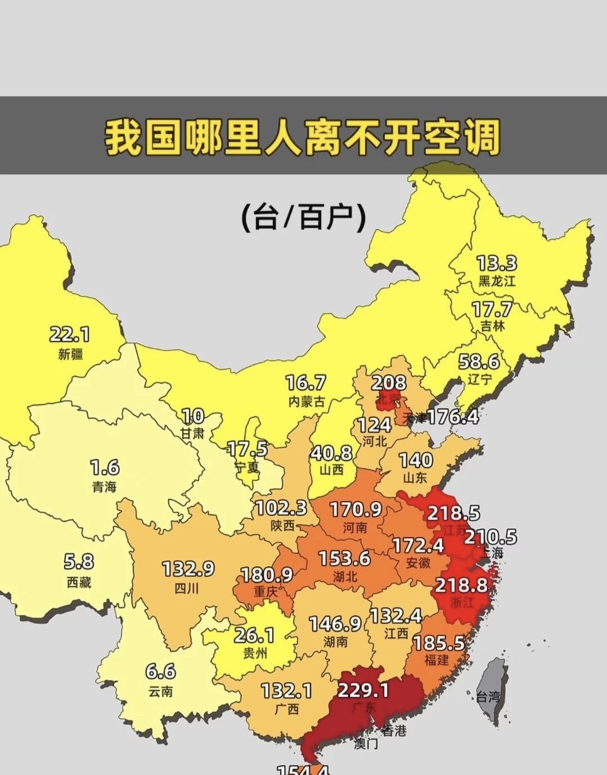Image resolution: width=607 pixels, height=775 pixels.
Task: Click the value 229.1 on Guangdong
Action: click(x=363, y=690)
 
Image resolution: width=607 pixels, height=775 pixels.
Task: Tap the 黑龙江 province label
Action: click(x=496, y=281)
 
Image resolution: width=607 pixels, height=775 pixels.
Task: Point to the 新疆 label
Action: click(x=70, y=354)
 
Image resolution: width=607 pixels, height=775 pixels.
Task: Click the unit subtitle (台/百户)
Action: click(x=304, y=217)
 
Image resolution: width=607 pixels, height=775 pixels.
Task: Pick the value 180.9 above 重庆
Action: click(x=267, y=575)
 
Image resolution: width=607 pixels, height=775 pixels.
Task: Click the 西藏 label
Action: click(x=78, y=582)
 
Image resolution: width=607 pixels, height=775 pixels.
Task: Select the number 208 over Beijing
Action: click(x=389, y=383)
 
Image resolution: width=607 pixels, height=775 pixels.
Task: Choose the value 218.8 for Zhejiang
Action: click(x=461, y=585)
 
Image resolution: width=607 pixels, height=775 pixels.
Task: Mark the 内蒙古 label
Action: click(x=306, y=402)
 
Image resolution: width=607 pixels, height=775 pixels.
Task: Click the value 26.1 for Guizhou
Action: click(x=254, y=636)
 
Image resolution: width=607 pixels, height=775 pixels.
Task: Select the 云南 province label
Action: click(x=160, y=691)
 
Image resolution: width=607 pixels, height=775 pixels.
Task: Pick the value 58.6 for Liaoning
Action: click(x=478, y=361)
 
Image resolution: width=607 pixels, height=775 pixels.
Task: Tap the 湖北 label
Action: click(x=344, y=577)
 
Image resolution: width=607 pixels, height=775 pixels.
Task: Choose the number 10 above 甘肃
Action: click(x=193, y=417)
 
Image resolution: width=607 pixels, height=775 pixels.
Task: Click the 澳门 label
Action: click(x=366, y=744)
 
